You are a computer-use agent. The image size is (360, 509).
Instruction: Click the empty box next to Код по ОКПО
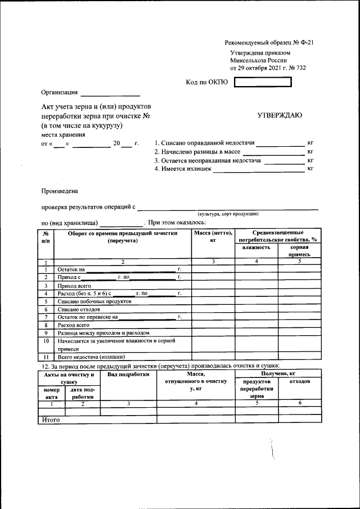pyautogui.click(x=263, y=82)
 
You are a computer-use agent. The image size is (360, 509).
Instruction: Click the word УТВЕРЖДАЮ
pyautogui.click(x=280, y=115)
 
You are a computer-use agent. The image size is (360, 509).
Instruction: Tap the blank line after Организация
pyautogui.click(x=110, y=93)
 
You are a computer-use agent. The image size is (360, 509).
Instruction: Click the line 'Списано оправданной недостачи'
pyautogui.click(x=204, y=143)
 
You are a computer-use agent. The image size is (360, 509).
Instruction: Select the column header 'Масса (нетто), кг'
pyautogui.click(x=213, y=236)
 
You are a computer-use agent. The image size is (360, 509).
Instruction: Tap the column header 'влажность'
pyautogui.click(x=256, y=247)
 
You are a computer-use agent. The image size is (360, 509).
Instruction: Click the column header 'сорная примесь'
pyautogui.click(x=299, y=251)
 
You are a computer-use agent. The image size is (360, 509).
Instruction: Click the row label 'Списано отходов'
pyautogui.click(x=79, y=309)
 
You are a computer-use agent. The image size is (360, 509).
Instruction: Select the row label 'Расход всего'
pyautogui.click(x=74, y=325)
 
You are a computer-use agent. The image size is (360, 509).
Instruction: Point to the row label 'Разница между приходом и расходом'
pyautogui.click(x=103, y=333)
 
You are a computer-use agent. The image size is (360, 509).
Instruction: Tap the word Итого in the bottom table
pyautogui.click(x=51, y=420)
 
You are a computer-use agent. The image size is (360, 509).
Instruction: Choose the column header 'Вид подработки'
pyautogui.click(x=128, y=374)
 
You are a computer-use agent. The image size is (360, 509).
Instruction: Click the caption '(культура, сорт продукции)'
pyautogui.click(x=227, y=214)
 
